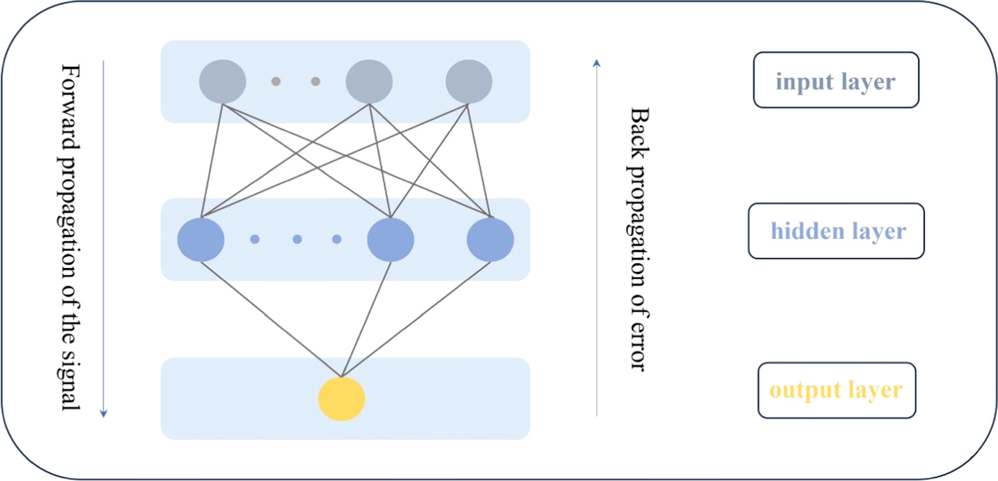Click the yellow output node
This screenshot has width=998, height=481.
342,399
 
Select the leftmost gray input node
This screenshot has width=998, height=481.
222,82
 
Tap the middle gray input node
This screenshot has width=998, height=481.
369,82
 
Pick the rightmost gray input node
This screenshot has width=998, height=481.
469,82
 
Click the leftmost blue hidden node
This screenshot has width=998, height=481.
201,239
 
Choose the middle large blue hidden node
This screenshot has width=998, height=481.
391,239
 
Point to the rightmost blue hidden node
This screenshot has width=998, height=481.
490,239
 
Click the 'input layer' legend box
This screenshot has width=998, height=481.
836,80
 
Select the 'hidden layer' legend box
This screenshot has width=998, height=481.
836,231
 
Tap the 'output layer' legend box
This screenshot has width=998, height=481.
837,390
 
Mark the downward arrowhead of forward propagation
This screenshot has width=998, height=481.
104,414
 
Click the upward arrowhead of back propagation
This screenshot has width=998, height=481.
596,63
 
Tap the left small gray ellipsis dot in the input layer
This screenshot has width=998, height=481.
276,82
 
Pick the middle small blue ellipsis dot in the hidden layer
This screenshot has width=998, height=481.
297,239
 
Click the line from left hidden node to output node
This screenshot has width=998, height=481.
271,319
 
